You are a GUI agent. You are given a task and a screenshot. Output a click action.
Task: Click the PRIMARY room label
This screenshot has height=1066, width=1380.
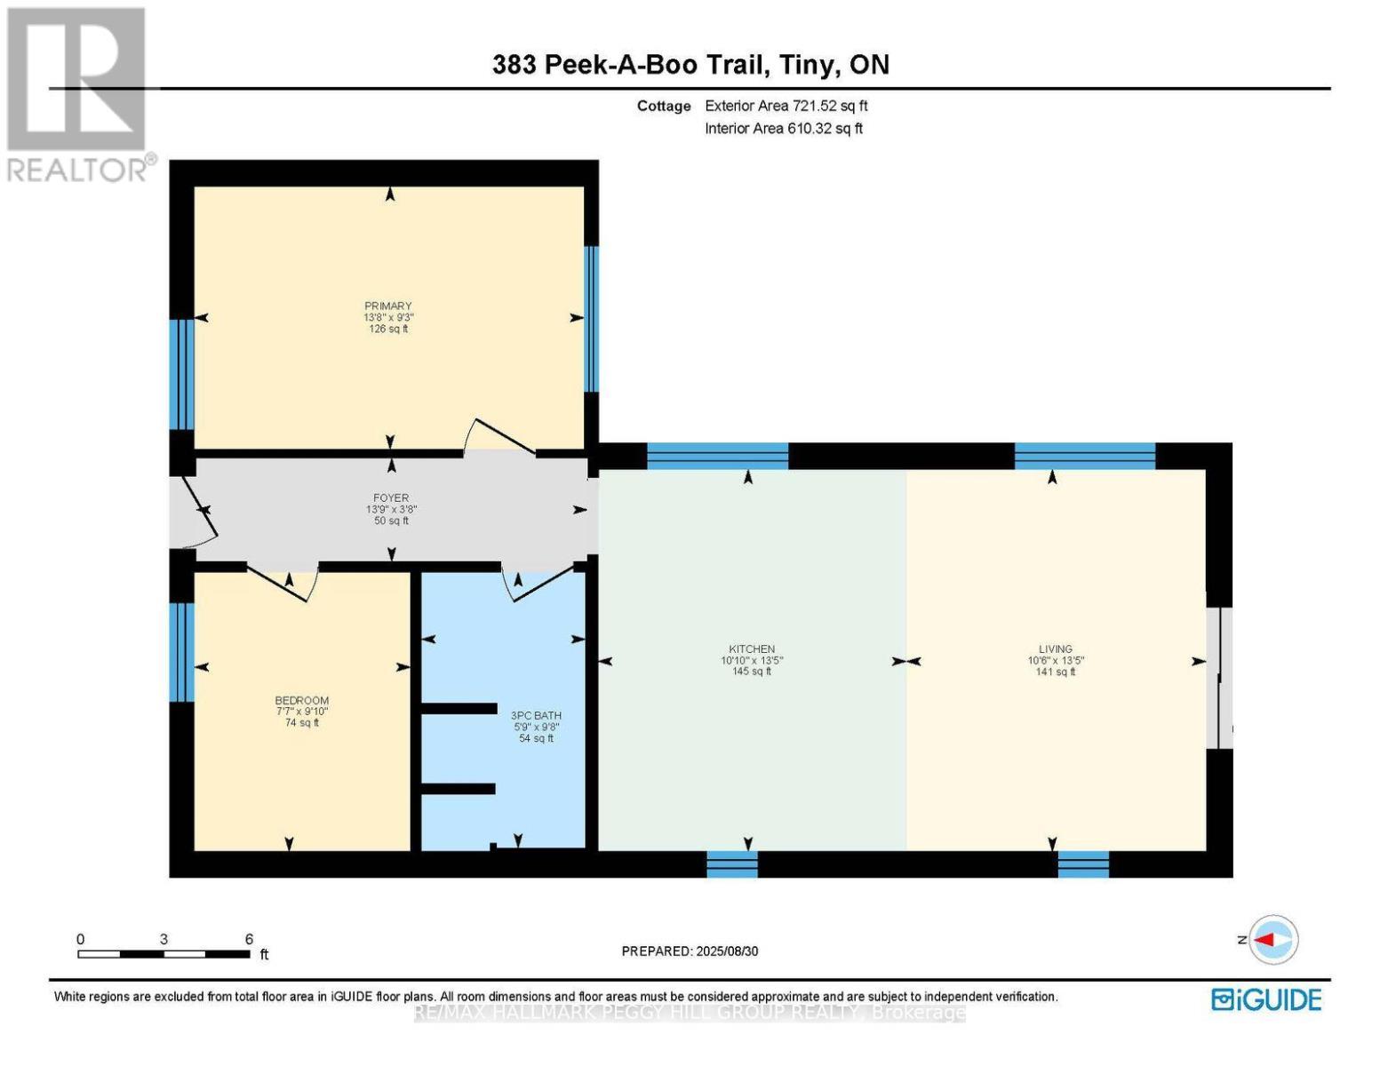[x=388, y=306]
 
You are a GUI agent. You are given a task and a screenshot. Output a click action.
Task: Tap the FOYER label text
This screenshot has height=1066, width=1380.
[x=391, y=497]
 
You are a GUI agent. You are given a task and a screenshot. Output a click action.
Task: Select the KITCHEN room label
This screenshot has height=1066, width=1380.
[x=752, y=648]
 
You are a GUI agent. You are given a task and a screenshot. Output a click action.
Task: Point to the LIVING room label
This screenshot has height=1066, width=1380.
[x=1056, y=648]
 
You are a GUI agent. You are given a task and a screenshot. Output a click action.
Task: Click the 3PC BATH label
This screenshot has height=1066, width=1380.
[x=537, y=715]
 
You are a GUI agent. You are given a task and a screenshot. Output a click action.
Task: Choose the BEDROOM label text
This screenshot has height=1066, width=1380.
[x=301, y=700]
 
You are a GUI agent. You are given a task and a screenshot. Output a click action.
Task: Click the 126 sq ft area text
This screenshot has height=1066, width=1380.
[x=388, y=329]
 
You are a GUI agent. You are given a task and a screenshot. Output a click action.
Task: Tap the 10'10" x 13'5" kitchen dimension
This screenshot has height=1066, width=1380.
[x=752, y=660]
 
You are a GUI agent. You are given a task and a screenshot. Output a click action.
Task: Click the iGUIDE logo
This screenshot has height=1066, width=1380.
[x=1266, y=999]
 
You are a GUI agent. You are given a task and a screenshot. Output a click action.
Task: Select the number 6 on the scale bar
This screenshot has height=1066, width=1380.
[x=249, y=939]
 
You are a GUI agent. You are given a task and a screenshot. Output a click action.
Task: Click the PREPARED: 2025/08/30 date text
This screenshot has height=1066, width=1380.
[x=690, y=951]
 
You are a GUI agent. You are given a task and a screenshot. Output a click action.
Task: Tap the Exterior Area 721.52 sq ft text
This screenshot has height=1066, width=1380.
[x=786, y=106]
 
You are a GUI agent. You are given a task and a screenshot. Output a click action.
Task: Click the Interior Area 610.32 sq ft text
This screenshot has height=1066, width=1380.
[x=784, y=128]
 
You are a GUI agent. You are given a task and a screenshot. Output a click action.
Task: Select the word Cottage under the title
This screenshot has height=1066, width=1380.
[x=664, y=106]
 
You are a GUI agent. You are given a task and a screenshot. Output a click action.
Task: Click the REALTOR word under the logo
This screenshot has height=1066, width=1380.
[x=77, y=171]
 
